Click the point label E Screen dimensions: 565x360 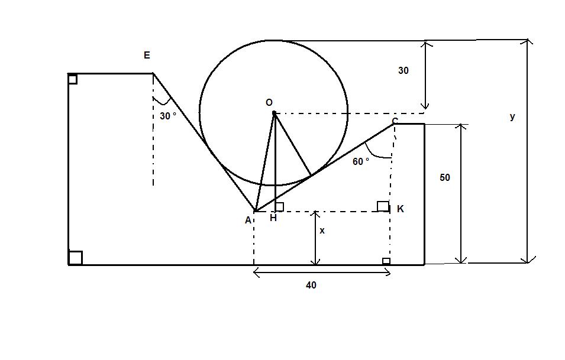click(x=147, y=56)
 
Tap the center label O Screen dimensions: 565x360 click(x=269, y=103)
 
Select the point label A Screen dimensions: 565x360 click(x=248, y=220)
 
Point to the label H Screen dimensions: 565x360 click(x=273, y=218)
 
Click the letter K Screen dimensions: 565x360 click(x=401, y=209)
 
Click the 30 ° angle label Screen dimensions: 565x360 click(x=168, y=116)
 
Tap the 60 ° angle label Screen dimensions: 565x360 click(x=361, y=161)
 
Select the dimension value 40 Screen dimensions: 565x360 click(x=311, y=285)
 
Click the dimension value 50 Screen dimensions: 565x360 click(x=444, y=177)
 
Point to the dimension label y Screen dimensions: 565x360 click(x=512, y=116)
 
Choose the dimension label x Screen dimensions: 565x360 click(x=322, y=231)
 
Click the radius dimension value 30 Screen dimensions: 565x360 click(x=403, y=70)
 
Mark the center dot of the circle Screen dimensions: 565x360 click(x=274, y=113)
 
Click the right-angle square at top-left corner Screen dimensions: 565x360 click(x=73, y=79)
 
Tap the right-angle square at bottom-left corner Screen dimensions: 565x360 click(x=75, y=258)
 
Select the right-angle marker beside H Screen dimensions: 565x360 click(x=279, y=207)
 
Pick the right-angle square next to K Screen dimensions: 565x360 click(x=383, y=206)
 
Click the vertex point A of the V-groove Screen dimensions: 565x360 click(x=255, y=211)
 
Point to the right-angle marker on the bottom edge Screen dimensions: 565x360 click(x=386, y=261)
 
